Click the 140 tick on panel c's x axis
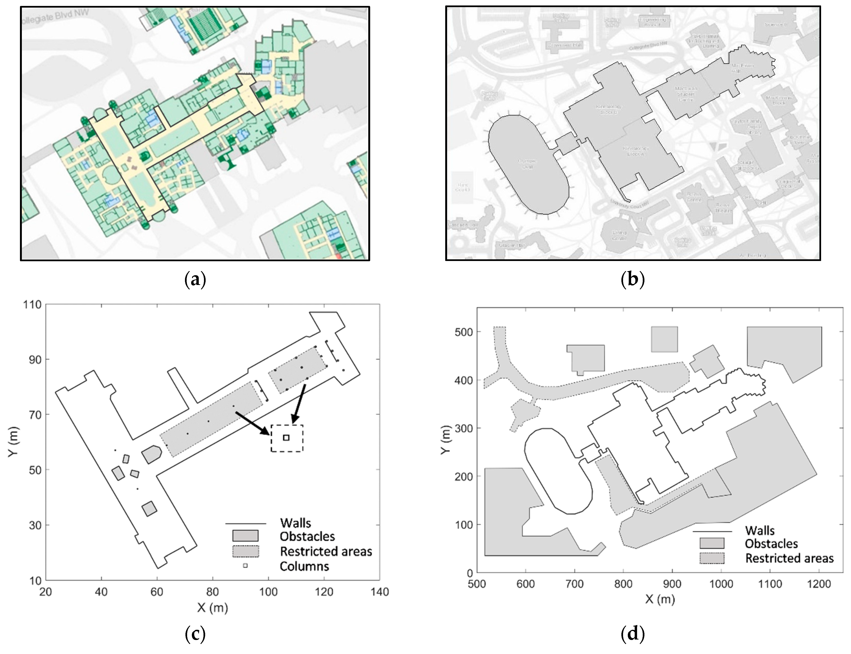tap(380, 592)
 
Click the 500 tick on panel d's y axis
tap(463, 332)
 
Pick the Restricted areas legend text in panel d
tap(789, 558)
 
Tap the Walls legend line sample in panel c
tap(245, 523)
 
